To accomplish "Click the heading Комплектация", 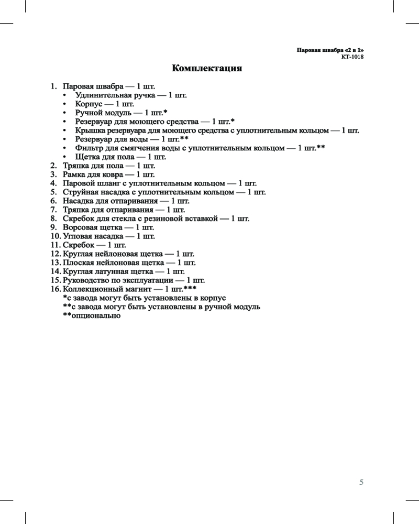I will [x=207, y=69].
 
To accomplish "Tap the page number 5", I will [x=361, y=482].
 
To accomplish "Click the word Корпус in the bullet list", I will [x=87, y=104].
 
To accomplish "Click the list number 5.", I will [x=53, y=192].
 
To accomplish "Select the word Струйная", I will [x=81, y=192].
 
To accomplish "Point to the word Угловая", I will [x=78, y=236].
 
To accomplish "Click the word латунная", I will [x=112, y=271].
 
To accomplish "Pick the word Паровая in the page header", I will [x=307, y=50].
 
